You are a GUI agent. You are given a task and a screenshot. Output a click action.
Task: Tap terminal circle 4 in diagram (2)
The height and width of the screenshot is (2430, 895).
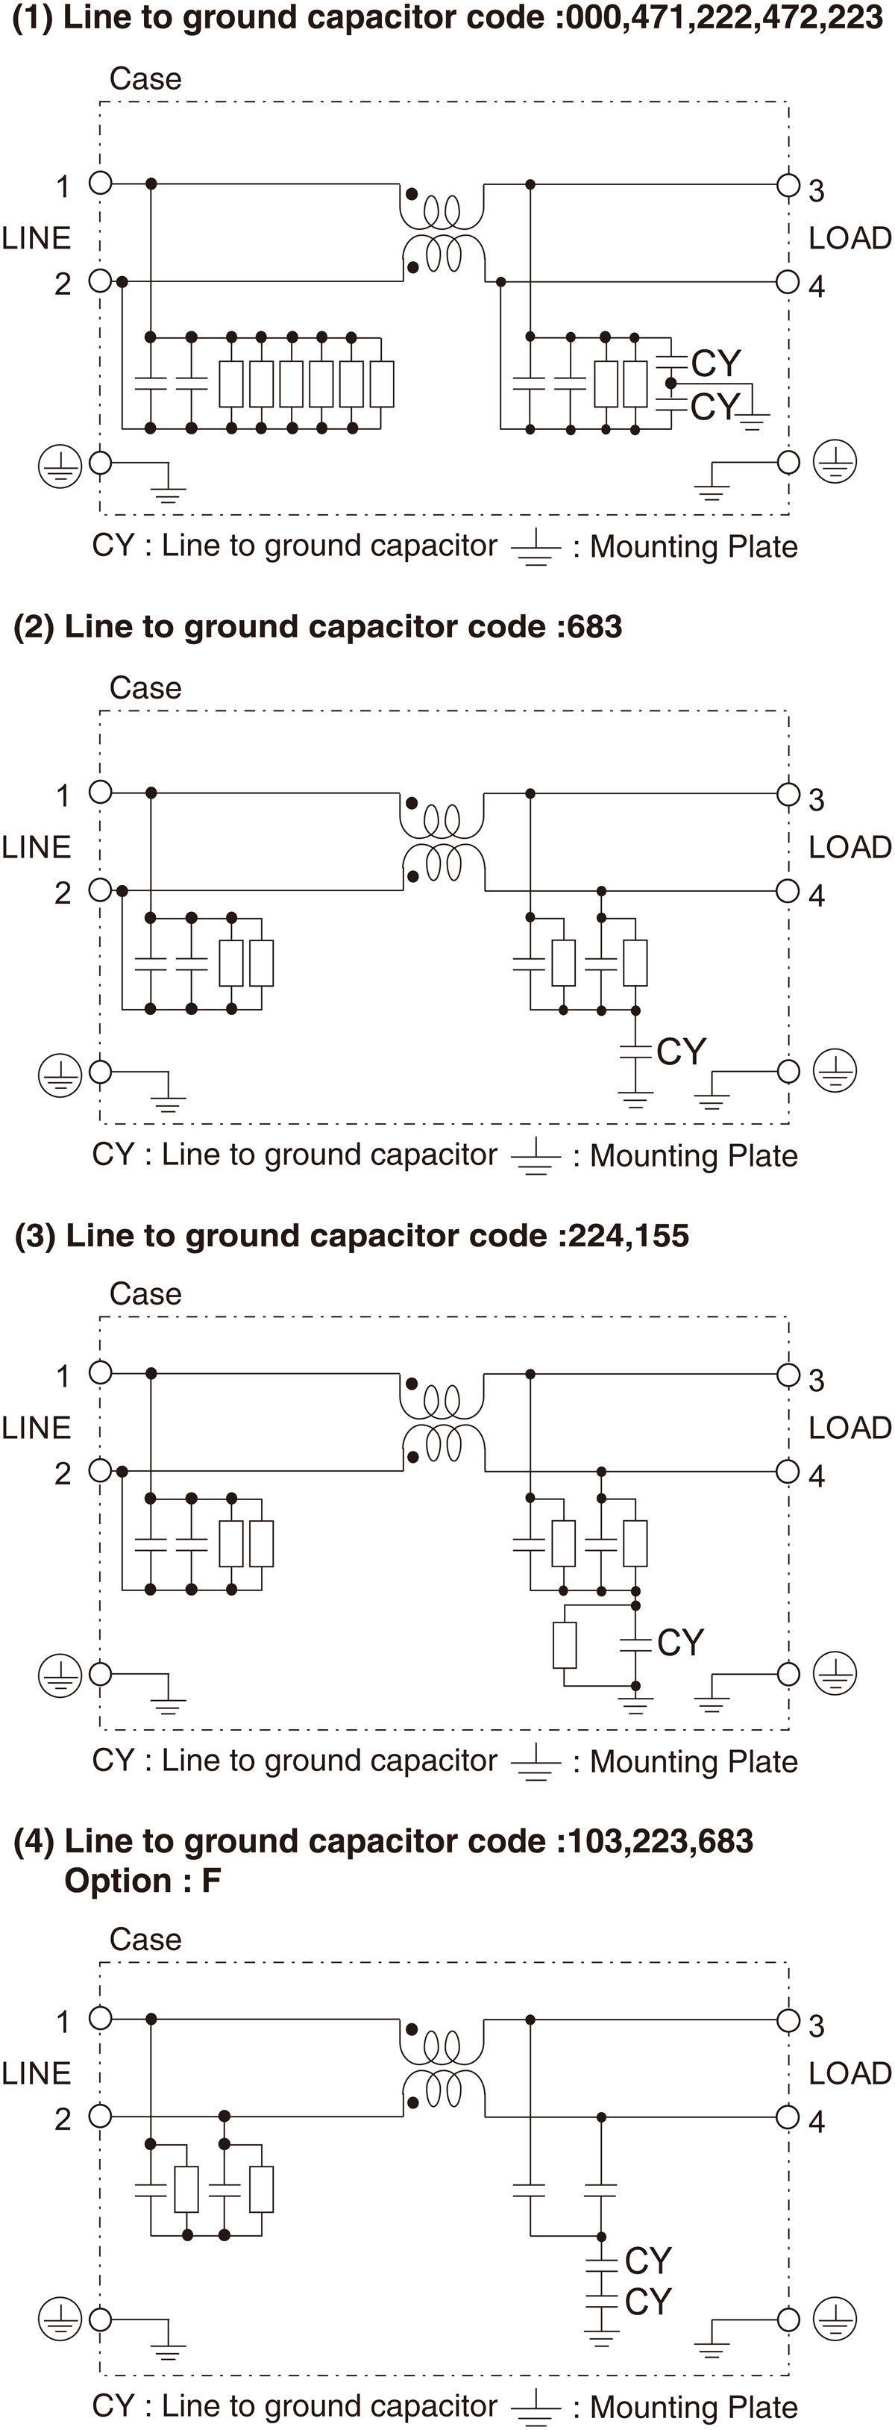pos(788,890)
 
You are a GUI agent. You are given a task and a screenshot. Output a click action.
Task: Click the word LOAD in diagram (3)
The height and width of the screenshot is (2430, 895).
pos(849,1427)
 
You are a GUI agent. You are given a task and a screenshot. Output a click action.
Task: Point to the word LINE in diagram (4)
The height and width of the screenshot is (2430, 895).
pos(36,2073)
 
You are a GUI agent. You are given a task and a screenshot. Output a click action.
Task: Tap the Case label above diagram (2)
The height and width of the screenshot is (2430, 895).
pos(145,687)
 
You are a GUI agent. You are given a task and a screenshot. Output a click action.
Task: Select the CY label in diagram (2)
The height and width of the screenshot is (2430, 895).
pos(681,1051)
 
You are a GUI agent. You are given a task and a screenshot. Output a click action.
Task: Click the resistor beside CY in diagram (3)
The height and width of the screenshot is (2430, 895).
pos(564,1645)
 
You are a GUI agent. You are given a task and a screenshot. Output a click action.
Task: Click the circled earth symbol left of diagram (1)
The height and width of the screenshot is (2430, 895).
pos(60,466)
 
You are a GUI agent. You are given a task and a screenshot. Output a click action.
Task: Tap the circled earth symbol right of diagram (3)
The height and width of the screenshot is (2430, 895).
pos(835,1675)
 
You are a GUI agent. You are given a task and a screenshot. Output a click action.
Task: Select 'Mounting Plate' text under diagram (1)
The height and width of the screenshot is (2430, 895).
pos(693,547)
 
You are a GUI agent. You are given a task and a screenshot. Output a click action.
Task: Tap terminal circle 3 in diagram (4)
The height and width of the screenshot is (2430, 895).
pos(788,2020)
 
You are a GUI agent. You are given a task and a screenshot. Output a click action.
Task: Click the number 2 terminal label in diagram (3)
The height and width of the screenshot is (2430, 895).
pos(62,1472)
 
